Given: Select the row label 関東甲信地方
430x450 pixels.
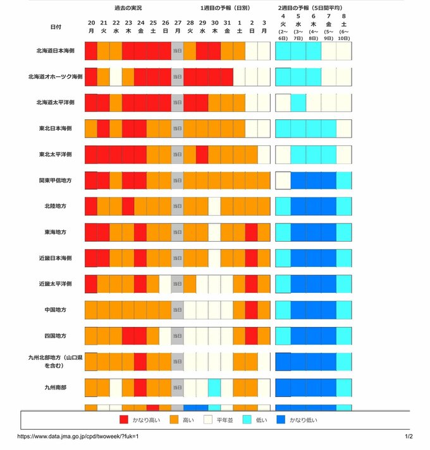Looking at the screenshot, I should tap(55, 180).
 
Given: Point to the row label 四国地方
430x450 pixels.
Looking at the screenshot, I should tap(55, 335).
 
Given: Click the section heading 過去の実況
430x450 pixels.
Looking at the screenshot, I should tap(128, 8).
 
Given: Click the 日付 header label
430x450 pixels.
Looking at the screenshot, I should tap(56, 27).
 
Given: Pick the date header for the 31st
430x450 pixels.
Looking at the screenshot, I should tap(227, 23).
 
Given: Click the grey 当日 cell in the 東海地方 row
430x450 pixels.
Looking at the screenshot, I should tap(177, 232).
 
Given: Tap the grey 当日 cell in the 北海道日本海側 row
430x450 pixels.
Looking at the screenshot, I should tap(177, 50).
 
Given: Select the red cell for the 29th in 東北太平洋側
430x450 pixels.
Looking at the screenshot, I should tap(202, 154).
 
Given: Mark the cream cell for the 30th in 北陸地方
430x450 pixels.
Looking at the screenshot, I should tap(214, 206).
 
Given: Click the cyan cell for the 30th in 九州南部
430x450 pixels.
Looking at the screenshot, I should tap(214, 387).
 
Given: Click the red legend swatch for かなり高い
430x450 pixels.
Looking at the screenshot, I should tap(124, 419).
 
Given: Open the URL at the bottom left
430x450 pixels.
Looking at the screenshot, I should tap(77, 436).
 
